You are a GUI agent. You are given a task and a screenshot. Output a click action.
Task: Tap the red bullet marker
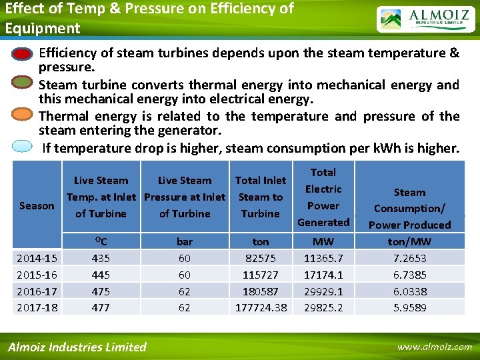(x=23, y=54)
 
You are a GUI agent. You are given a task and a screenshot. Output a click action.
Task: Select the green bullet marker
(x=23, y=83)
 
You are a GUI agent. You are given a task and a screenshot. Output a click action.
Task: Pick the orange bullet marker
(x=23, y=114)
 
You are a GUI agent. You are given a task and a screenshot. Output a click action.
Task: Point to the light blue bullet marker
(x=23, y=145)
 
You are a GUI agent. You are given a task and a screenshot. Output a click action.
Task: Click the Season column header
(x=37, y=205)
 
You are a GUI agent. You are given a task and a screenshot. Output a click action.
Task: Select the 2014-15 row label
(x=37, y=258)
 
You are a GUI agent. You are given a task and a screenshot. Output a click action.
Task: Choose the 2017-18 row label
(x=37, y=307)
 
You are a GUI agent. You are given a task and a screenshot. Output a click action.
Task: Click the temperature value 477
(x=101, y=307)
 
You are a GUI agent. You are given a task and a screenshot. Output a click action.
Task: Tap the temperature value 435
(x=101, y=258)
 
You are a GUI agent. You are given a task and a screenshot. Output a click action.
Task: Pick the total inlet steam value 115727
(x=261, y=275)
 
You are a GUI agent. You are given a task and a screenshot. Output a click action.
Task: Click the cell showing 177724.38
(x=261, y=307)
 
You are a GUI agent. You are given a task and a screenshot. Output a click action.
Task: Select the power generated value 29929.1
(x=323, y=291)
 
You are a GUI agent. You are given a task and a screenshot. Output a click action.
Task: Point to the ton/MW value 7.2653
(x=409, y=258)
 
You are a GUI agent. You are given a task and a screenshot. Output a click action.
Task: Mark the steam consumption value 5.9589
(x=409, y=307)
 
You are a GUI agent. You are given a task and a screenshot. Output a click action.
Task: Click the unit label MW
(x=323, y=241)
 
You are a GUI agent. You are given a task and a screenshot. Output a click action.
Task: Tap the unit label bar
(x=185, y=241)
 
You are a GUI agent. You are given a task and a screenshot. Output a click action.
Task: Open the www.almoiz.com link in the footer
(x=434, y=347)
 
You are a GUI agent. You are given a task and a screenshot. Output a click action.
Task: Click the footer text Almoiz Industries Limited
(x=77, y=347)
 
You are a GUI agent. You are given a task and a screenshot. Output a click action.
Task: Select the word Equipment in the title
(x=43, y=28)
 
